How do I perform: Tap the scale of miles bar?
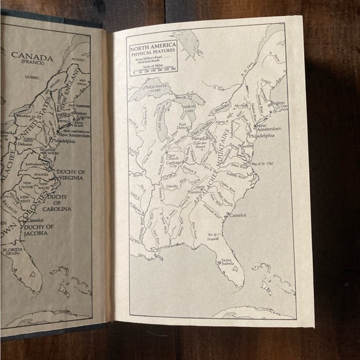click(x=153, y=68)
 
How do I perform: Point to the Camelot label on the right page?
click(x=238, y=215)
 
